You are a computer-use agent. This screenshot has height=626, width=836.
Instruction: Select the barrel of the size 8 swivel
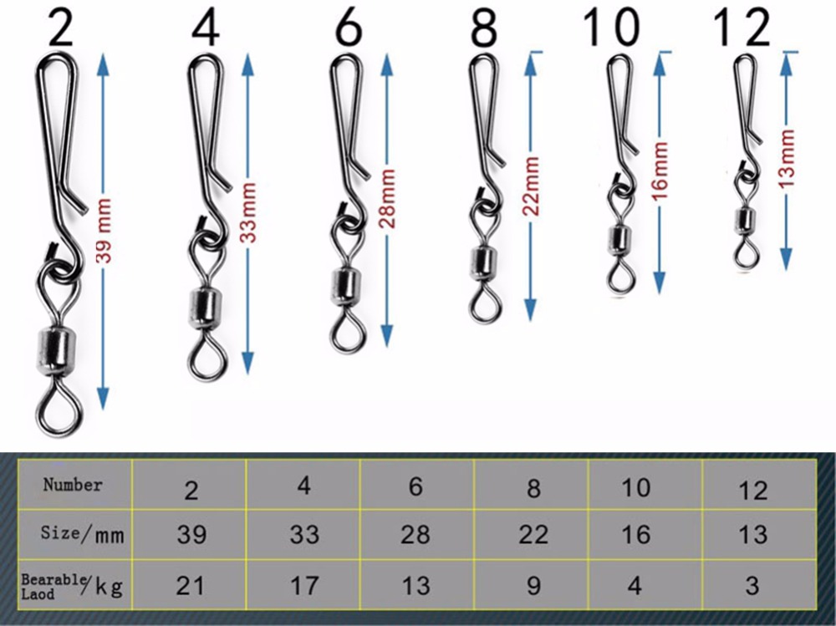pyautogui.click(x=481, y=262)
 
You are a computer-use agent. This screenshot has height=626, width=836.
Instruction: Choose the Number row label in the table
pyautogui.click(x=73, y=485)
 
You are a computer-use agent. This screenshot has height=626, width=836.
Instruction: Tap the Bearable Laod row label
pyautogui.click(x=71, y=585)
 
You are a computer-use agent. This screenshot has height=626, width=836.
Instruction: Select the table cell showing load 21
pyautogui.click(x=191, y=585)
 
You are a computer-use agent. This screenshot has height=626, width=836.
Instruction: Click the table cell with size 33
pyautogui.click(x=304, y=533)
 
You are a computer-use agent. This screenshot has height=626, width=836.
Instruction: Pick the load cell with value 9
pyautogui.click(x=533, y=585)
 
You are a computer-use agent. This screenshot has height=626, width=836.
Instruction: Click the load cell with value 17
pyautogui.click(x=304, y=585)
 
